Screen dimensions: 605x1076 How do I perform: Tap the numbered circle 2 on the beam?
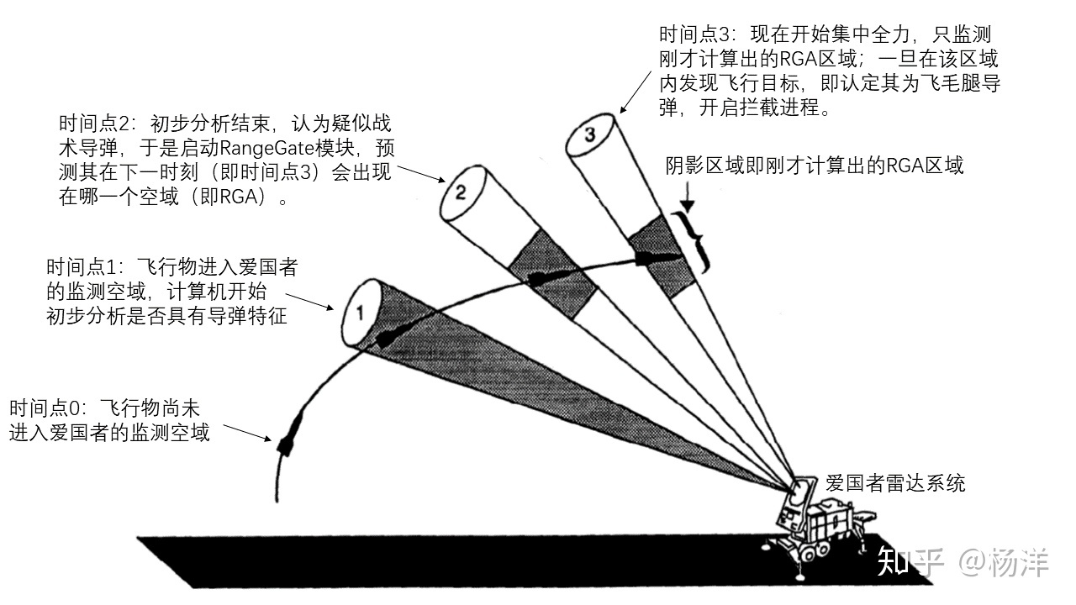[x=461, y=192]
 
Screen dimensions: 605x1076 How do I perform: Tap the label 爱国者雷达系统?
[x=895, y=483]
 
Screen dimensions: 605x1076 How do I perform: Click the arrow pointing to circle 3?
[x=636, y=90]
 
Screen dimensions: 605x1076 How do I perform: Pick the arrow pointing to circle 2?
[x=420, y=173]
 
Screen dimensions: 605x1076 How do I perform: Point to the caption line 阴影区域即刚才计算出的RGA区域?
[x=814, y=166]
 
